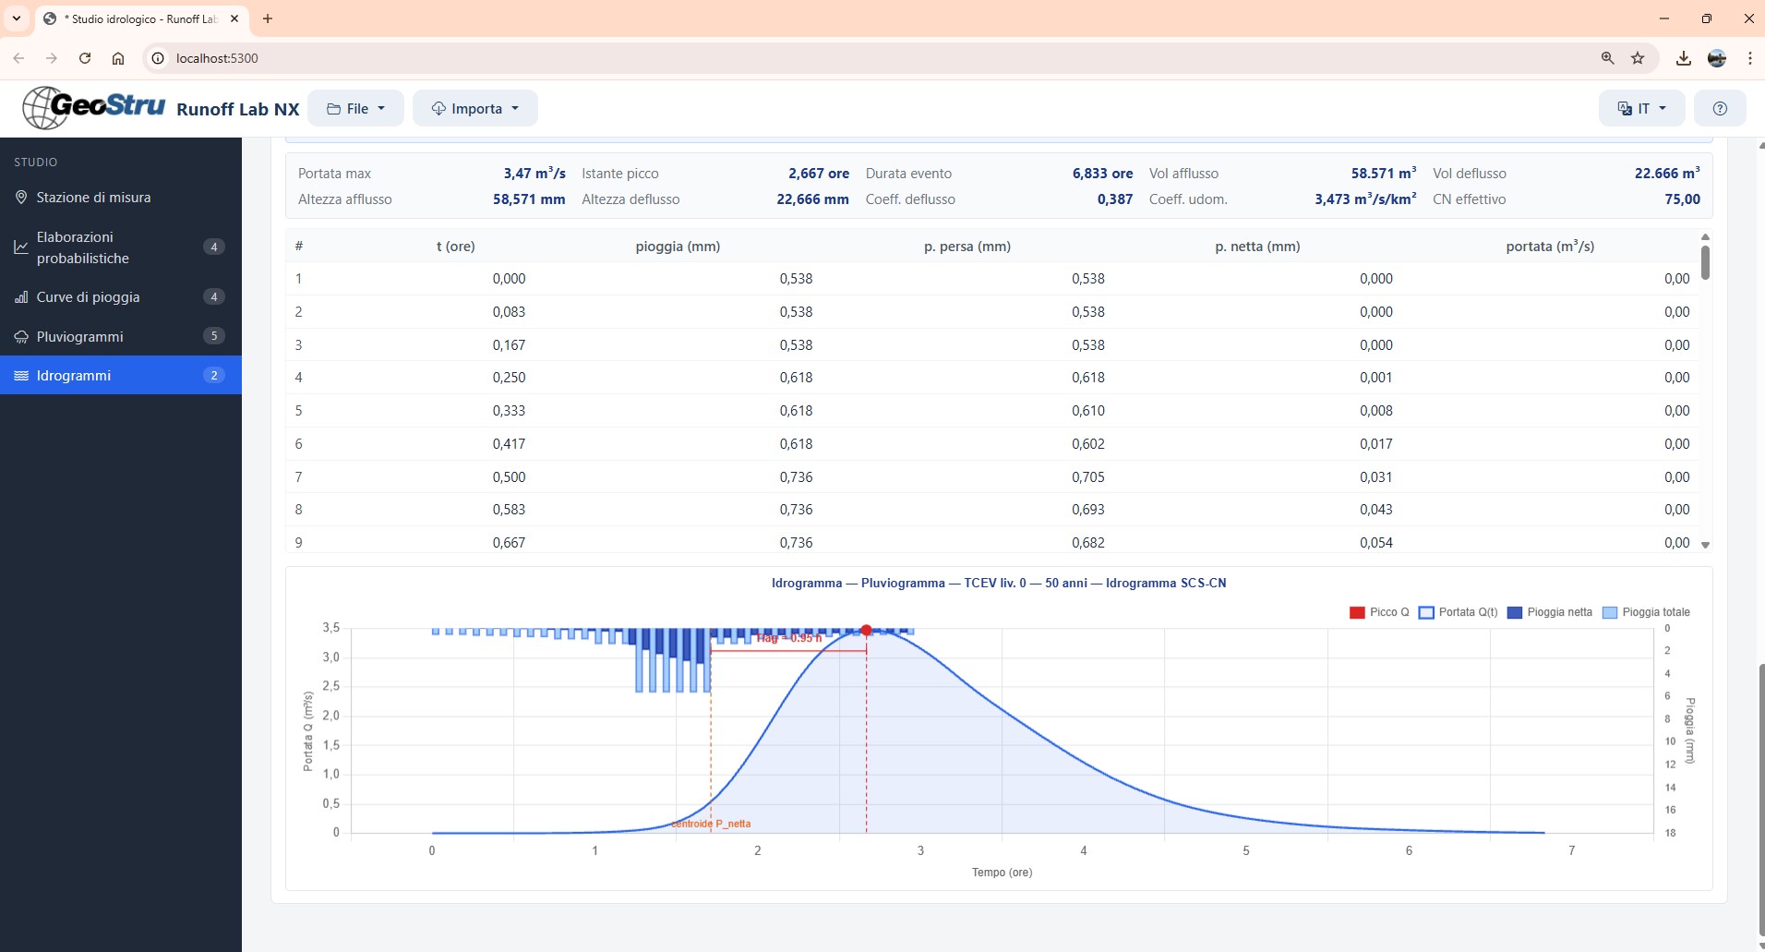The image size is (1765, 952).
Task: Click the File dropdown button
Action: (355, 108)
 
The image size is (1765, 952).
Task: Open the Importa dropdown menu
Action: (474, 108)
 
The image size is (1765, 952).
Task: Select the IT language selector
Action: (1641, 108)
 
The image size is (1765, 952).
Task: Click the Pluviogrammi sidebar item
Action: (80, 336)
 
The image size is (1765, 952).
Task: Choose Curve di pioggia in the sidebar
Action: (88, 296)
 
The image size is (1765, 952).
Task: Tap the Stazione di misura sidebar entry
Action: (93, 197)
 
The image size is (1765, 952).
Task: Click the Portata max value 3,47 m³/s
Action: (534, 173)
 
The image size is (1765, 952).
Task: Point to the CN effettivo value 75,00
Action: (1682, 199)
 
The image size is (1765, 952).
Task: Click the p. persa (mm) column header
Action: (967, 247)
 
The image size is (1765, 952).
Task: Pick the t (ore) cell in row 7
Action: (509, 476)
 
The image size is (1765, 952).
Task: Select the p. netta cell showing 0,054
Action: (1375, 542)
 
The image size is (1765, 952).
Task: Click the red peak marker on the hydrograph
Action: (866, 630)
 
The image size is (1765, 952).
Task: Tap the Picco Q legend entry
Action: (1379, 612)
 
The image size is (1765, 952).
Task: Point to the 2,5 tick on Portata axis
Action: (330, 686)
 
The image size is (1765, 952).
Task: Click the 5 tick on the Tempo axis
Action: (1245, 850)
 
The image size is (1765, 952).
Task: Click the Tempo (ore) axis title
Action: (1002, 872)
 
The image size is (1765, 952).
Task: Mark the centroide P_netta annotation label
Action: (711, 824)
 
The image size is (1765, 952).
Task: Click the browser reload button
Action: (85, 58)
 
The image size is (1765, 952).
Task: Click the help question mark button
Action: (1719, 108)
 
